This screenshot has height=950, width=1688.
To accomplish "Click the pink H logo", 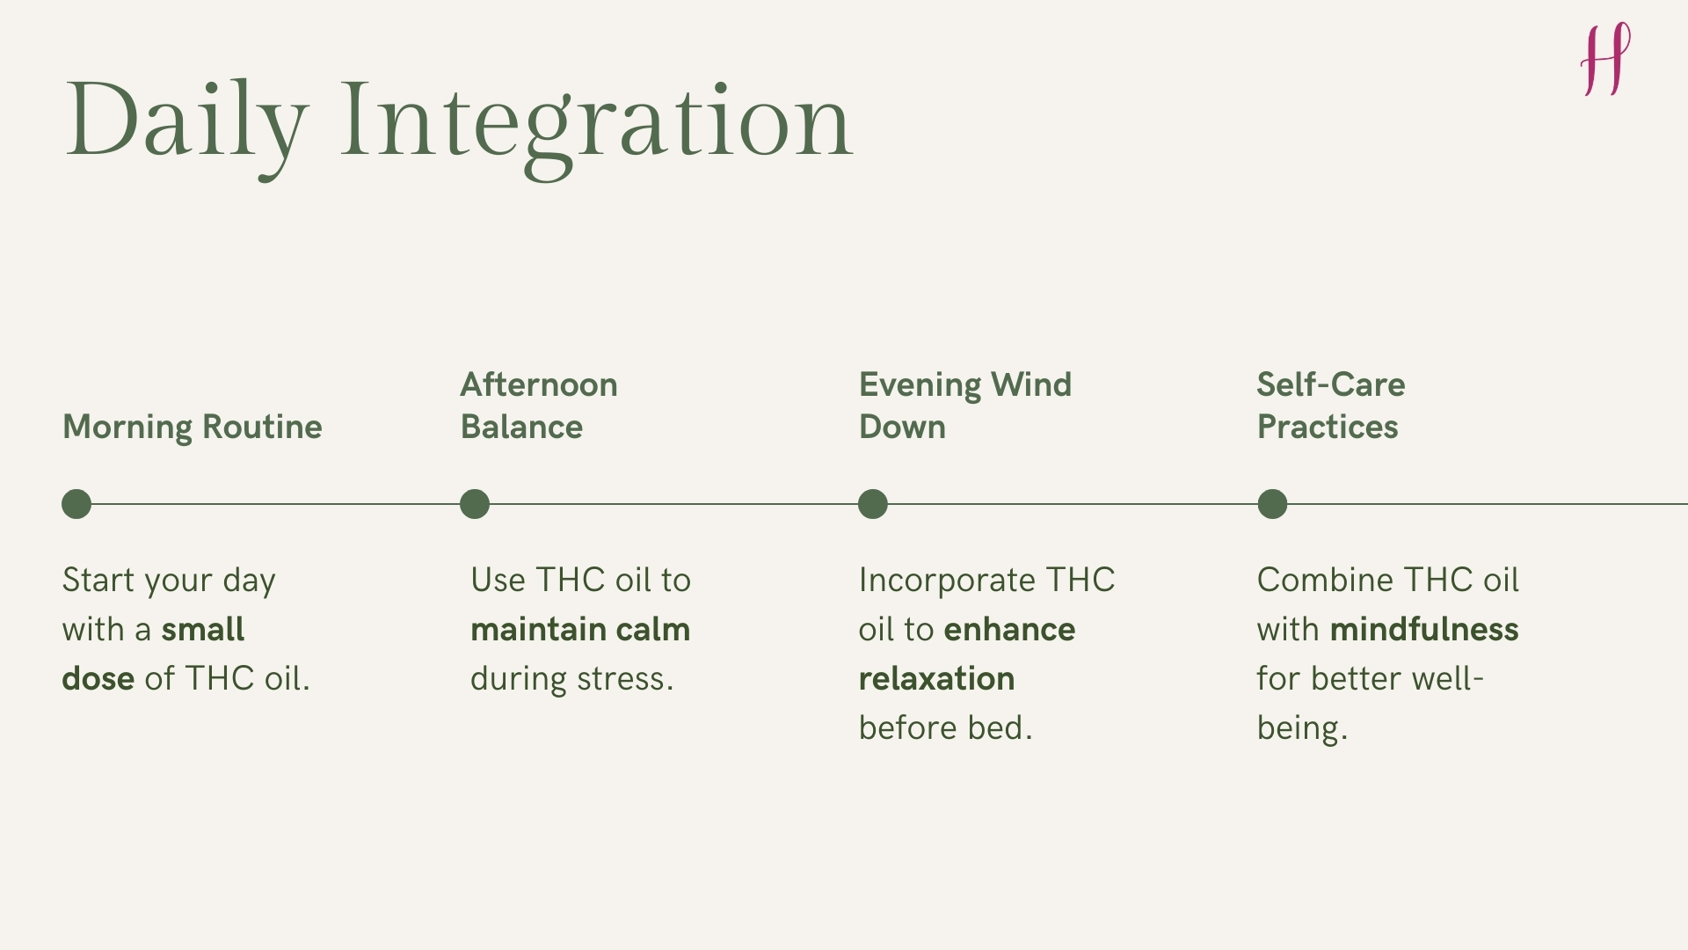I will [x=1605, y=60].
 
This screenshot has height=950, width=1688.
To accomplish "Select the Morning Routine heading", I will [x=193, y=427].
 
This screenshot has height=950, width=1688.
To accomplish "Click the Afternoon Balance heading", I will [x=538, y=406].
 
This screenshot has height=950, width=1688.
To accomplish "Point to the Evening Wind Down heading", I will [x=964, y=406].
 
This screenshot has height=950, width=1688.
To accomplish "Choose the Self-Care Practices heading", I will [x=1330, y=406].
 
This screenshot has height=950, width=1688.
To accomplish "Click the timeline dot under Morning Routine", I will [x=76, y=504].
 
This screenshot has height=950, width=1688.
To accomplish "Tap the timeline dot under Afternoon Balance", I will [x=475, y=504].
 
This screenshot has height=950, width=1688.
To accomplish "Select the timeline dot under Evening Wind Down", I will [x=873, y=504].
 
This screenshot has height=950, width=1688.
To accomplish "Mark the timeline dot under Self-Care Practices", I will [x=1272, y=504].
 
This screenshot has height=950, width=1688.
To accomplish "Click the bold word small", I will [x=203, y=630].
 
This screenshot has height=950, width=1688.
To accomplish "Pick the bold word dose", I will [x=98, y=679].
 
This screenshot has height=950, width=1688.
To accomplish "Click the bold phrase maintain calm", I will [x=580, y=630].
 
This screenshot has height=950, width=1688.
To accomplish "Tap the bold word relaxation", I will [x=936, y=679].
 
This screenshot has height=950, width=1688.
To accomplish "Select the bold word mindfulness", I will [x=1424, y=630].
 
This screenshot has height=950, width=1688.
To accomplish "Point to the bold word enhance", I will [x=1009, y=630].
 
